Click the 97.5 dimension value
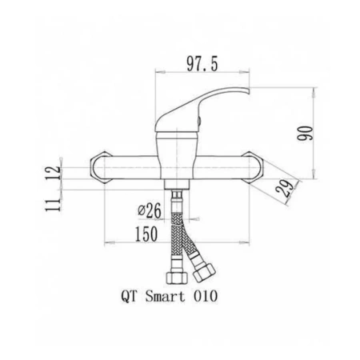pos(202,64)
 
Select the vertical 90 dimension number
pos(306,134)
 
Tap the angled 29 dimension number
pos(284,189)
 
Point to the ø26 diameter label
pos(150,210)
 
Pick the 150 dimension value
pos(146,234)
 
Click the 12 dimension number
pos(54,173)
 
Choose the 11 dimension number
pos(54,205)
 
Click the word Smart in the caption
pos(165,296)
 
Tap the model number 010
pos(206,296)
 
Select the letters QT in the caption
pos(130,297)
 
